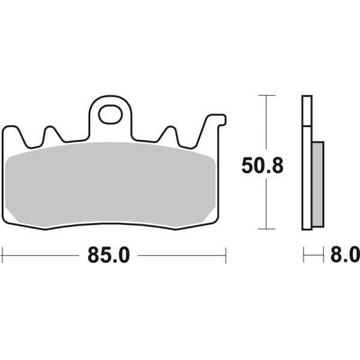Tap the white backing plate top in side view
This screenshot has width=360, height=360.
[x=307, y=111]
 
